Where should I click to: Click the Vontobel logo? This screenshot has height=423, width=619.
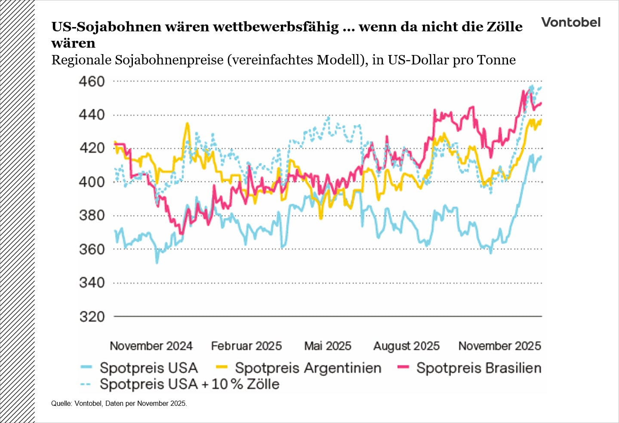click(570, 22)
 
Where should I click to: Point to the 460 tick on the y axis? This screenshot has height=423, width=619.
click(92, 81)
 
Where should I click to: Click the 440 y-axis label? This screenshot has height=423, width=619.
click(92, 115)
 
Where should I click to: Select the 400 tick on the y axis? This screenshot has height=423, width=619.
click(92, 182)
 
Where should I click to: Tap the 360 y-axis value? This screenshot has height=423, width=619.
click(92, 249)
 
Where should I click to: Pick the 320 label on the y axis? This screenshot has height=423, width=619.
click(92, 316)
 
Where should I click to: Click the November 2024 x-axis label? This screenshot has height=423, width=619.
click(151, 346)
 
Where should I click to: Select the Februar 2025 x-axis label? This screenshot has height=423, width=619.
click(246, 346)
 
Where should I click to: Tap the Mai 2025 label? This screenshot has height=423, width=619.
click(327, 346)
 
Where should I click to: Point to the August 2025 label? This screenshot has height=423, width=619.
click(406, 346)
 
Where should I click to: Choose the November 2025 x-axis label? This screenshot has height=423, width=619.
click(499, 346)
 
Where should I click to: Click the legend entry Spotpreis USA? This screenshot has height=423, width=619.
click(148, 368)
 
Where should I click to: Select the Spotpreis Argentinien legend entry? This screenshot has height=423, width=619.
click(308, 368)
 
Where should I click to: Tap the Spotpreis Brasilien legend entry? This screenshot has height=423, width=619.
click(478, 368)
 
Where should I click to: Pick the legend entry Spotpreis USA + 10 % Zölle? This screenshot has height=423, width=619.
click(189, 384)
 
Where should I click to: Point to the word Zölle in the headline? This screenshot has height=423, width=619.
click(504, 27)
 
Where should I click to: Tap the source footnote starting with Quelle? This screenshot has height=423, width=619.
click(119, 403)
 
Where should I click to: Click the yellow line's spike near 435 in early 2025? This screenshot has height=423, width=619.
click(187, 124)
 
